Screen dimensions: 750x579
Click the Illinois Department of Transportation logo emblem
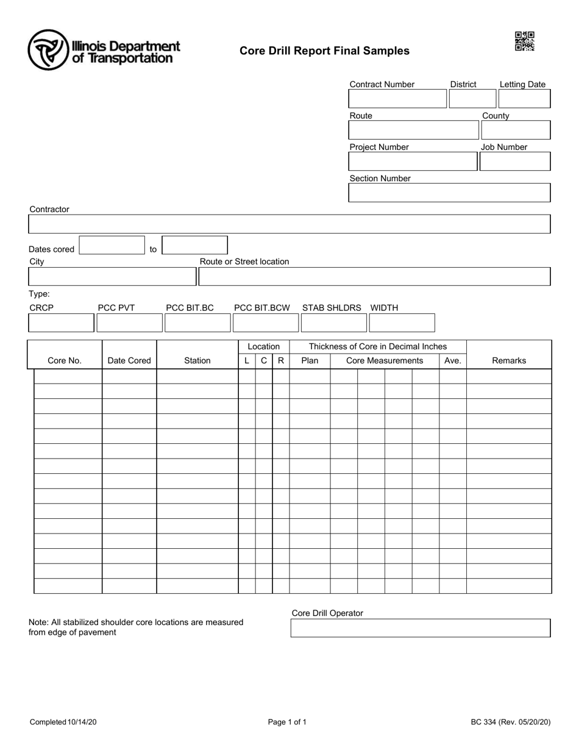click(48, 49)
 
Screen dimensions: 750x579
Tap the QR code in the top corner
click(524, 41)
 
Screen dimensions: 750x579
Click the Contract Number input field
click(397, 99)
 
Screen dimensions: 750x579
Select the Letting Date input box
click(524, 99)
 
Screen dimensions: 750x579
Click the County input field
click(516, 130)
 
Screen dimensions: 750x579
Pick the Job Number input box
click(515, 161)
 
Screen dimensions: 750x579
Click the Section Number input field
click(449, 193)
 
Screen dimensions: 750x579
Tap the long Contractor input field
click(289, 224)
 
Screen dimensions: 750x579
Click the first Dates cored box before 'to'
click(112, 245)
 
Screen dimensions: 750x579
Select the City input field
click(112, 276)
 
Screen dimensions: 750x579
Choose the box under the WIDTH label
click(402, 323)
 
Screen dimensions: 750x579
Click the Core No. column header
click(65, 360)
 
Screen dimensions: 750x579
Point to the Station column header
click(197, 360)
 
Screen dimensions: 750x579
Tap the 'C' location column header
click(264, 360)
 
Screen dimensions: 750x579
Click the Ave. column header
click(453, 360)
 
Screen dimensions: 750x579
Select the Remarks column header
click(509, 360)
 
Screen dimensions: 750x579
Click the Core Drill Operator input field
click(421, 628)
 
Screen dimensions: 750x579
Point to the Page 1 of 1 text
click(287, 722)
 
